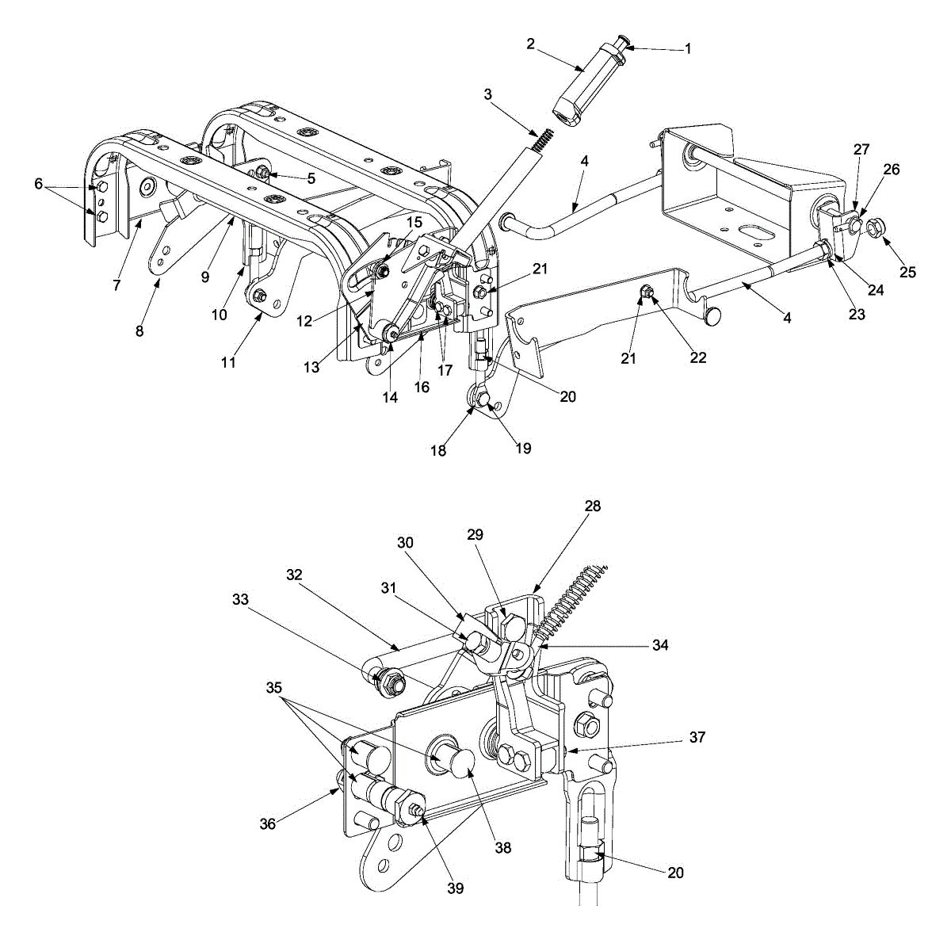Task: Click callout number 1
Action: pyautogui.click(x=688, y=48)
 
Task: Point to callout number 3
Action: pyautogui.click(x=487, y=94)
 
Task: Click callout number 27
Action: pyautogui.click(x=861, y=149)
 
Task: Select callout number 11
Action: pyautogui.click(x=228, y=362)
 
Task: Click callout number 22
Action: pyautogui.click(x=697, y=357)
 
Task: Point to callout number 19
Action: pyautogui.click(x=523, y=449)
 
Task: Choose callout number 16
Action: pyautogui.click(x=422, y=387)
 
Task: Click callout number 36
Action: pyautogui.click(x=268, y=824)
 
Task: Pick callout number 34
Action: pyautogui.click(x=660, y=646)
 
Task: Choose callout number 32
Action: pyautogui.click(x=295, y=576)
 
